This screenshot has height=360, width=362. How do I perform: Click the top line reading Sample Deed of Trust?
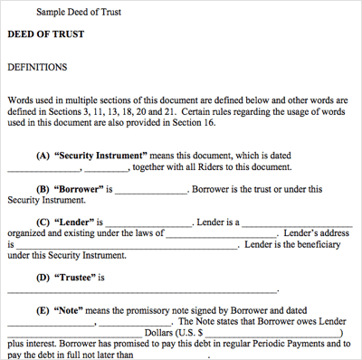(x=79, y=12)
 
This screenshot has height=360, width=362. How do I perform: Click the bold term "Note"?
(x=69, y=311)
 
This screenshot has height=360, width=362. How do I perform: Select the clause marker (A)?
(x=43, y=156)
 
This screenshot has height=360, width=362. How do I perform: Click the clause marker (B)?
(x=43, y=189)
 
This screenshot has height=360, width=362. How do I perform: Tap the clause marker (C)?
(x=43, y=223)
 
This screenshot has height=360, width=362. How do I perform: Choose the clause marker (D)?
(x=43, y=278)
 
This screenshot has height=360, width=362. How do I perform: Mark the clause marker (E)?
(x=43, y=311)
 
